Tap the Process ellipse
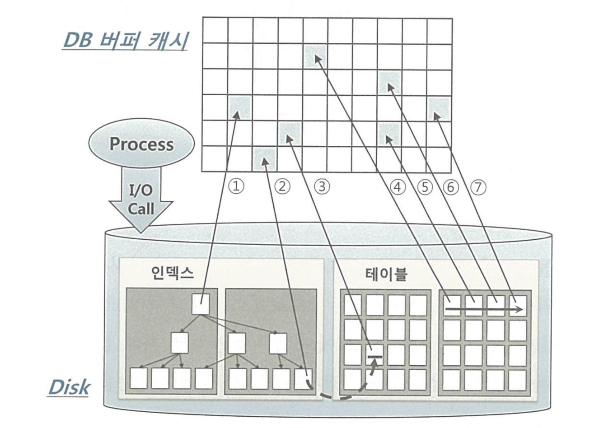141,144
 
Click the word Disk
69,387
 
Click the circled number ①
236,186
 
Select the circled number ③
322,186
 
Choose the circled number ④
398,186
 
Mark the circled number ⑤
425,186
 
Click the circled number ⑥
450,186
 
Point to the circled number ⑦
478,186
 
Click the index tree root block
201,304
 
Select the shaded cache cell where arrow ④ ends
316,56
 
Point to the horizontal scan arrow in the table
483,309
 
